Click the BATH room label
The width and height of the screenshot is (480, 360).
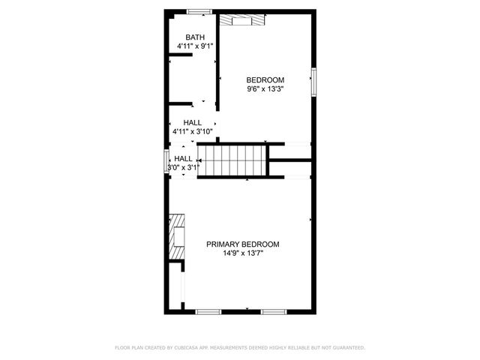coord(195,37)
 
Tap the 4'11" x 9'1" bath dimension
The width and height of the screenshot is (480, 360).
coord(195,46)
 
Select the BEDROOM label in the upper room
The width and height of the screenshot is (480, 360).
coord(265,80)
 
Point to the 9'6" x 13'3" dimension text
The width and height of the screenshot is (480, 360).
coord(265,89)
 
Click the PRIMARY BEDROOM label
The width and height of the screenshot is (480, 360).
coord(243,244)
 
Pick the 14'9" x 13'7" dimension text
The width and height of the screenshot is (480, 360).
coord(243,253)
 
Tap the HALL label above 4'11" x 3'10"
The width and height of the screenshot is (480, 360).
coord(192,123)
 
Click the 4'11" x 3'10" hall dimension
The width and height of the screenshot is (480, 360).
coord(193,132)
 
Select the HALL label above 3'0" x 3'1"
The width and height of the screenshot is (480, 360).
coord(183,159)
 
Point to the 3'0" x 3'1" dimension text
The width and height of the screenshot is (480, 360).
coord(184,168)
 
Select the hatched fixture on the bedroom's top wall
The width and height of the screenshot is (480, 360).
coord(243,19)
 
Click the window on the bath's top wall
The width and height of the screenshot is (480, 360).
coord(198,10)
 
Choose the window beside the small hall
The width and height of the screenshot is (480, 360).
coord(166,163)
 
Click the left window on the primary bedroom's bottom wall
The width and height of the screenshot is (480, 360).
coord(208,310)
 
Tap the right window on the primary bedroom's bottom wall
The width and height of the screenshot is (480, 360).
coord(272,310)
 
